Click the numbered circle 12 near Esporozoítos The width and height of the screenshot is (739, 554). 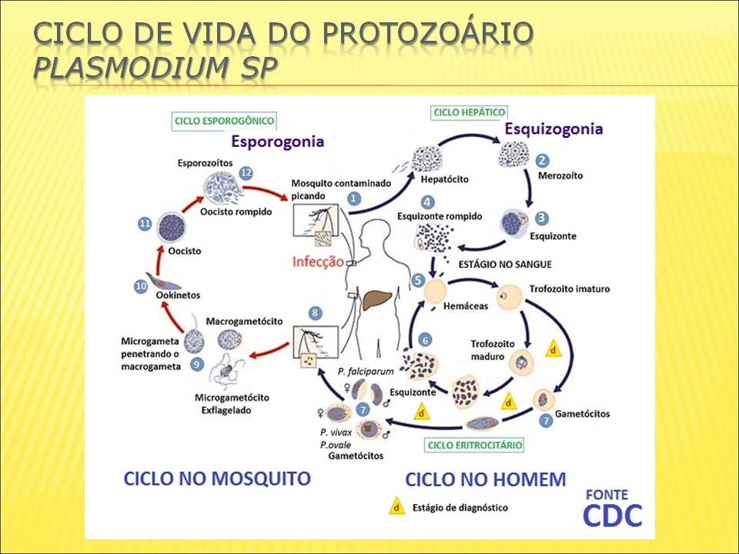(x=246, y=173)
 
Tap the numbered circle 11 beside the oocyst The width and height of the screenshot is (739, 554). (x=145, y=223)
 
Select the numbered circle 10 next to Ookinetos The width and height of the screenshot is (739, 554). (x=141, y=286)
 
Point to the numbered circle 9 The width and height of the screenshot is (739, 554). (x=197, y=363)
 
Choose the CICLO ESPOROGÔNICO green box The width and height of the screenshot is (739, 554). (x=224, y=121)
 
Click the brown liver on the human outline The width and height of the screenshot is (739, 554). (x=376, y=299)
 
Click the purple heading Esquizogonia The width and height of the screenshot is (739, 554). (x=553, y=129)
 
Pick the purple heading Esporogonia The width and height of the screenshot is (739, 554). (x=276, y=142)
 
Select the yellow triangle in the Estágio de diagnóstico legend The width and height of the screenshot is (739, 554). (x=396, y=507)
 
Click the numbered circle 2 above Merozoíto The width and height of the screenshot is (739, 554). (x=543, y=161)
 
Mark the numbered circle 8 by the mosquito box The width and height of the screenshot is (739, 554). (x=314, y=313)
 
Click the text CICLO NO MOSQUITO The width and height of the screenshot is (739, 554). (x=217, y=478)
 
